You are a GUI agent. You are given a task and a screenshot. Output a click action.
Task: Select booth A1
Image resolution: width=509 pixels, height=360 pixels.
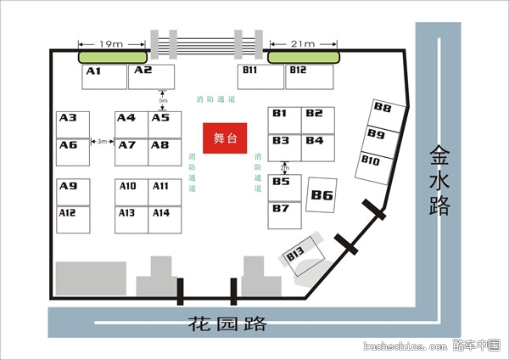(x=104, y=76)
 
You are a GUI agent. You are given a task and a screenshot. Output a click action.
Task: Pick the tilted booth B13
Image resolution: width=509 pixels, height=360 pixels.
(x=304, y=255)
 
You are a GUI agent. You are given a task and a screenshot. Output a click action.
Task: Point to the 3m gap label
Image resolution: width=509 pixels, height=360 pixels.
(x=102, y=141)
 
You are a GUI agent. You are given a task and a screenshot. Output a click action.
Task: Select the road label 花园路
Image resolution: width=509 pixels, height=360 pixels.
(x=227, y=323)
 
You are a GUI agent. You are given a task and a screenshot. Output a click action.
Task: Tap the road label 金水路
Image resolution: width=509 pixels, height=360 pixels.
(x=439, y=181)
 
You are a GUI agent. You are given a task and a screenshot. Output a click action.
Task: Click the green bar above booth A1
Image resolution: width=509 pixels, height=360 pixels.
(x=113, y=57)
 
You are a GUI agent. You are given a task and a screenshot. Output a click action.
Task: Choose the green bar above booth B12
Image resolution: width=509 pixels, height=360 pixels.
(x=304, y=57)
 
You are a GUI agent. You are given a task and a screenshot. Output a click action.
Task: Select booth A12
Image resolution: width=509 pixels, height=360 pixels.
(x=73, y=219)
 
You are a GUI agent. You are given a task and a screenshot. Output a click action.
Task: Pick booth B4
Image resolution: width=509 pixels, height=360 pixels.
(x=317, y=146)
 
